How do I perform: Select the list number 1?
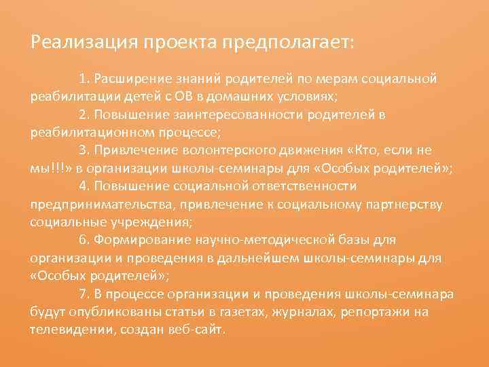pos(83,79)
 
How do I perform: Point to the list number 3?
pos(83,150)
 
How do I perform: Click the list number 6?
pos(83,240)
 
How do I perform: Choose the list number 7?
pos(83,294)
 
